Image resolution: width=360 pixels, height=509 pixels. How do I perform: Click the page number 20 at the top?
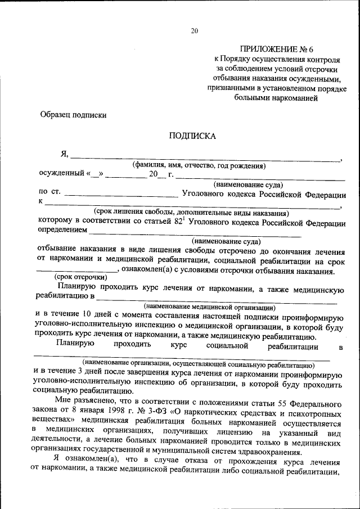pos(194,31)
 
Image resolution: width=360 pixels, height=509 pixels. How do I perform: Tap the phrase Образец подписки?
pos(73,114)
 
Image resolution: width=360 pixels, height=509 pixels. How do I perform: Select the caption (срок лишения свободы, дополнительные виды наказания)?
pos(191,213)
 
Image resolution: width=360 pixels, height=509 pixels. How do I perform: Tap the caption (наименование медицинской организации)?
pos(209,307)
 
